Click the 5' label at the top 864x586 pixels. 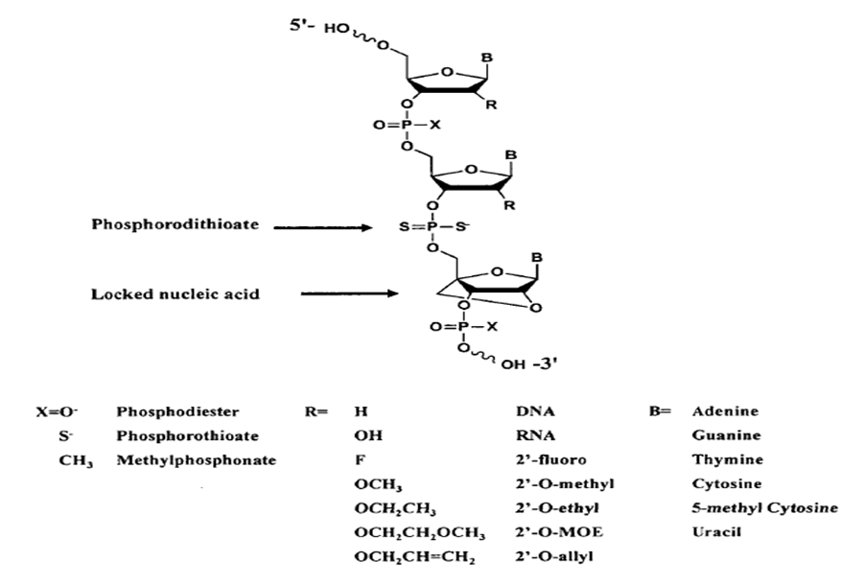[x=302, y=25]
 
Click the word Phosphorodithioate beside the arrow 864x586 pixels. [x=175, y=224]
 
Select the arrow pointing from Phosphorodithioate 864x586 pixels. [x=323, y=227]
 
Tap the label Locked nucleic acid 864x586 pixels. [x=175, y=293]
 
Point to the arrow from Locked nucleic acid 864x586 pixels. [x=349, y=293]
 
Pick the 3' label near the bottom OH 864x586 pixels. [x=546, y=364]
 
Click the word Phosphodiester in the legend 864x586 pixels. [x=177, y=411]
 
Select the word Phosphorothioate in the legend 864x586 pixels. [x=187, y=436]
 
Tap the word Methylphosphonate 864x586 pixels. [x=197, y=460]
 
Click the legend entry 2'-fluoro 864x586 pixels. [x=551, y=459]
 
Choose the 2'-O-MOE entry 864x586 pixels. [x=559, y=532]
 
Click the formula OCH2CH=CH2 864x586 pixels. [x=414, y=557]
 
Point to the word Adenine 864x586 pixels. [x=725, y=411]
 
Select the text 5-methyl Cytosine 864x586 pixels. [x=765, y=507]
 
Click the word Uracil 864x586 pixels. [x=716, y=532]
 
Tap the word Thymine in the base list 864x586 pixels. [x=728, y=459]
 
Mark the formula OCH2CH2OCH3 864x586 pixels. [x=420, y=533]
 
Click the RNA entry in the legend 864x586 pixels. [x=536, y=435]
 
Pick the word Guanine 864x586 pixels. [x=726, y=435]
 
